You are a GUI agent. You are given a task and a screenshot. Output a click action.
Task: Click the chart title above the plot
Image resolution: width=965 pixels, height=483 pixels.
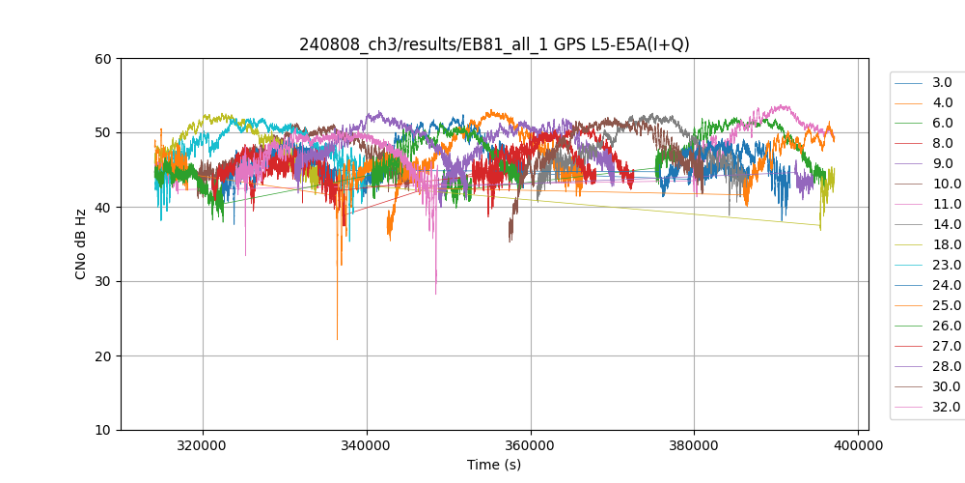494,44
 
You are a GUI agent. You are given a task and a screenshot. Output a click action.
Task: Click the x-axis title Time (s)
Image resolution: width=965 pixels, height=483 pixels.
494,465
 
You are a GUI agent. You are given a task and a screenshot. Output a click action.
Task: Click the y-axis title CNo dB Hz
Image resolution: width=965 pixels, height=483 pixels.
81,244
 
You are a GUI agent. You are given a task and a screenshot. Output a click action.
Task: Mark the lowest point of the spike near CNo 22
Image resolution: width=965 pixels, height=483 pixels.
337,339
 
